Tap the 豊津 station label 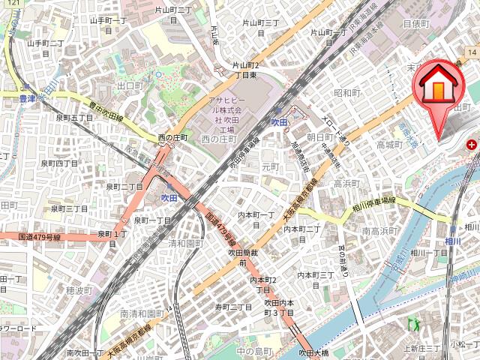click(x=28, y=97)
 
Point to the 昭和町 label click(x=347, y=93)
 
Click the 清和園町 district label click(x=186, y=243)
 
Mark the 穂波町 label click(x=79, y=289)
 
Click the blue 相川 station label click(x=452, y=241)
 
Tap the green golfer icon click(x=412, y=324)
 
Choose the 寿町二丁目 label click(x=234, y=307)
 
